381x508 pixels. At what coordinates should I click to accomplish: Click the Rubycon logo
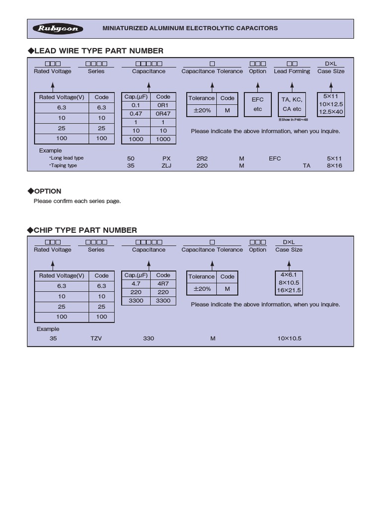tap(58, 29)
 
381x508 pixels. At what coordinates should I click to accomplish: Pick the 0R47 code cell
tap(163, 114)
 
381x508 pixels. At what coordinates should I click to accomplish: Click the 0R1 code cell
tap(163, 105)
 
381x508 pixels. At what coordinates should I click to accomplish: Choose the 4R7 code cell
tap(163, 284)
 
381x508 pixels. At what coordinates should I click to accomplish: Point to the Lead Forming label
tap(292, 71)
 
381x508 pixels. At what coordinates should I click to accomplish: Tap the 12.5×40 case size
tap(330, 112)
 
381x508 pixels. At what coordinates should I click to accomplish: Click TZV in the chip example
tap(96, 338)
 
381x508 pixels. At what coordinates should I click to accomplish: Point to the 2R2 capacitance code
tap(202, 158)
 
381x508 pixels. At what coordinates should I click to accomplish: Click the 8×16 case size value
tap(334, 166)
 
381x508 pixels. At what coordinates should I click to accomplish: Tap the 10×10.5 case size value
tap(290, 338)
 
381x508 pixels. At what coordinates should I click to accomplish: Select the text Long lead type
tap(66, 158)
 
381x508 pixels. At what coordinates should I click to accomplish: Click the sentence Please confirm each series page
tap(77, 201)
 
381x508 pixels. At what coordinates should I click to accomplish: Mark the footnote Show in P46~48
tap(293, 120)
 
